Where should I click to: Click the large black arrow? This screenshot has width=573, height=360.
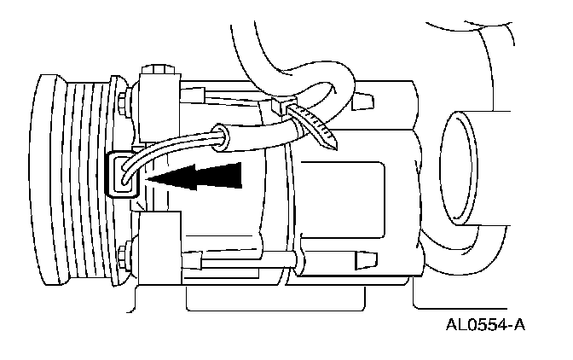pyautogui.click(x=200, y=177)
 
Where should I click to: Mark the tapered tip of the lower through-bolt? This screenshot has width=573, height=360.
pyautogui.click(x=362, y=257)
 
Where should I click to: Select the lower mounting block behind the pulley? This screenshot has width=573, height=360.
pyautogui.click(x=158, y=249)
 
